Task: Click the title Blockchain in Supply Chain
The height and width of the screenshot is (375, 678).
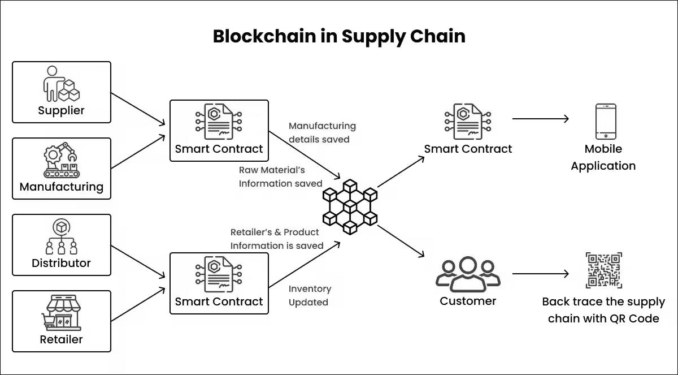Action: (x=339, y=36)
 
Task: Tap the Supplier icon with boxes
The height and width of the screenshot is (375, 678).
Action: (x=61, y=84)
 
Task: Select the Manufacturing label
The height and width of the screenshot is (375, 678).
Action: (x=61, y=187)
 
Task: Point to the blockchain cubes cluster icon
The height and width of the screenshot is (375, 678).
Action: (x=350, y=206)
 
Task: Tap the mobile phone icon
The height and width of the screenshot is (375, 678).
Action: (x=606, y=121)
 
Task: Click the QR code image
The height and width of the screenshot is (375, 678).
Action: (x=603, y=270)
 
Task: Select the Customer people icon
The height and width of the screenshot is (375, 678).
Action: (x=467, y=274)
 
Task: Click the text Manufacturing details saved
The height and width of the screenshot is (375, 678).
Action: (x=323, y=132)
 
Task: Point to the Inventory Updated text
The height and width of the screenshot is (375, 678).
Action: (x=310, y=295)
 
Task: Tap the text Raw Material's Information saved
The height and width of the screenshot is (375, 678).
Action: (x=280, y=176)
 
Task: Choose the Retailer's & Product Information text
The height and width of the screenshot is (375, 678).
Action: (x=276, y=239)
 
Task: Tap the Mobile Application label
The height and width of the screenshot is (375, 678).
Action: (x=603, y=157)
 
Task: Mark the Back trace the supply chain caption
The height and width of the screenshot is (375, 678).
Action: (x=603, y=310)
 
